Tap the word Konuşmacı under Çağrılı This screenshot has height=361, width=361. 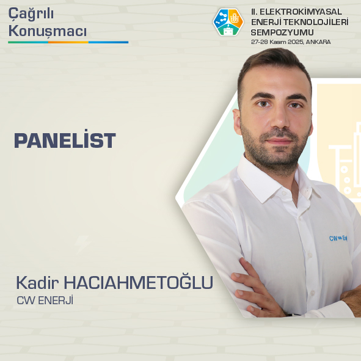pyautogui.click(x=47, y=31)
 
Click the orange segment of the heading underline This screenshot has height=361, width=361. pyautogui.click(x=68, y=42)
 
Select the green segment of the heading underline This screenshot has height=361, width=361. pyautogui.click(x=27, y=42)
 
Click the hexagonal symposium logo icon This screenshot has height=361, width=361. pyautogui.click(x=228, y=23)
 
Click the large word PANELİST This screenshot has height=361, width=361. pyautogui.click(x=65, y=141)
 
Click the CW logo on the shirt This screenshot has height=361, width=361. pyautogui.click(x=338, y=239)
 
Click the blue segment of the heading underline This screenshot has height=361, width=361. pyautogui.click(x=109, y=42)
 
